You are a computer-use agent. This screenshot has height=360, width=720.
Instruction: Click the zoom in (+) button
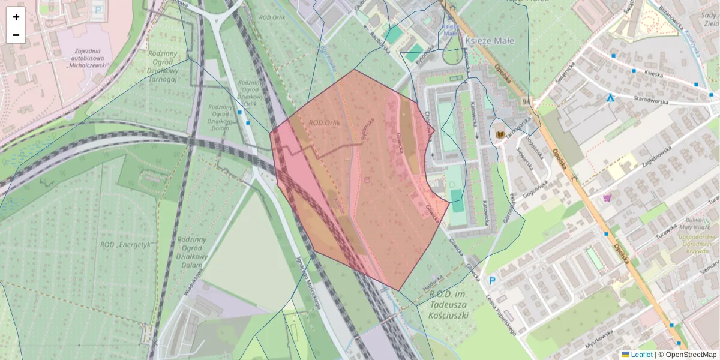coord(16,17)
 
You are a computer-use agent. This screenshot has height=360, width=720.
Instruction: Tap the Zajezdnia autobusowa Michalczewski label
coord(87,56)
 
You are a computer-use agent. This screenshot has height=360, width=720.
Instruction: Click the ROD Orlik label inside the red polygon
coord(325,123)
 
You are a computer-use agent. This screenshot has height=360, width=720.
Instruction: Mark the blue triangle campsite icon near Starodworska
coord(611,97)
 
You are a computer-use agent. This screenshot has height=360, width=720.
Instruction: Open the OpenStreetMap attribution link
coord(691,355)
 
